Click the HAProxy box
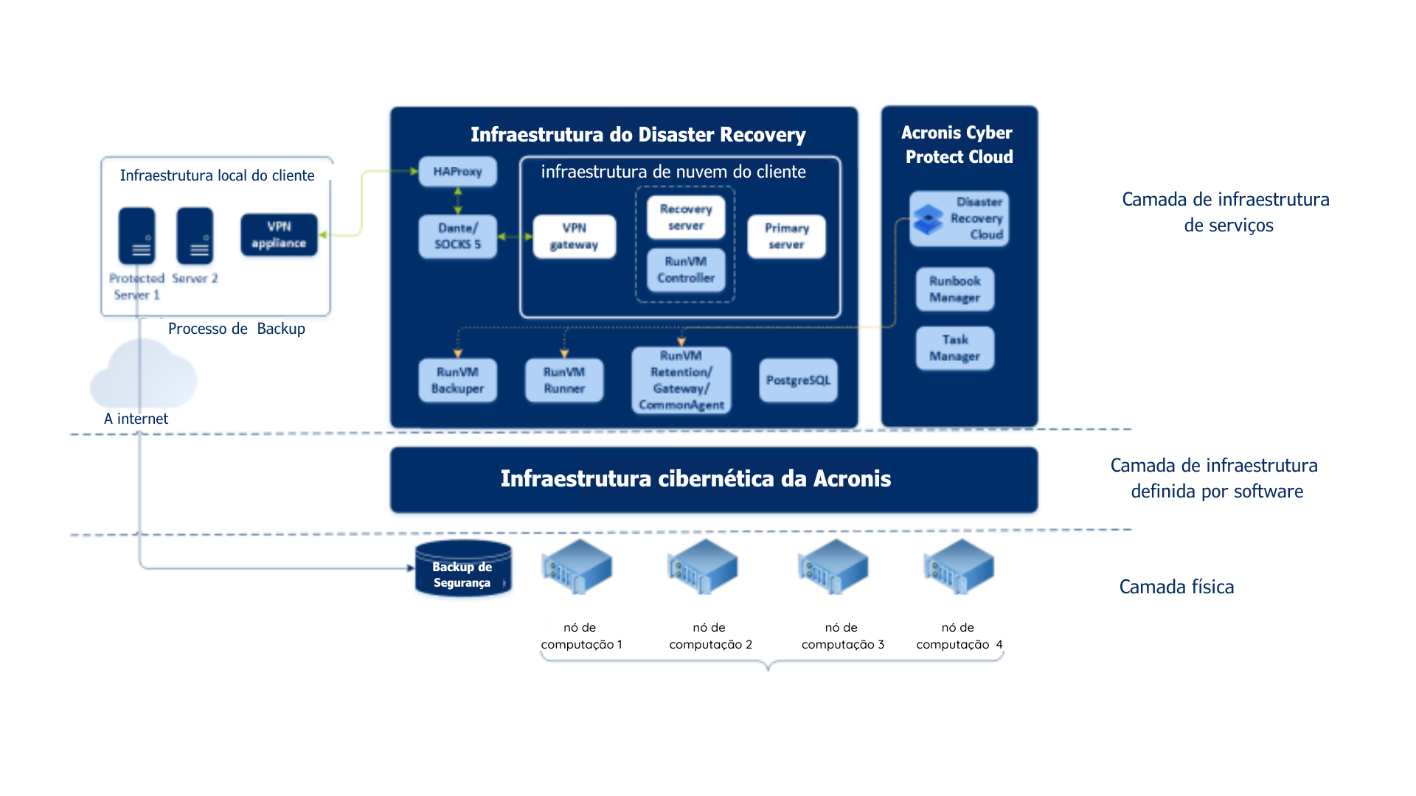pos(457,172)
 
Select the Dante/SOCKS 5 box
pos(457,237)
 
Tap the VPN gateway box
pos(574,237)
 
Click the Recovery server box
pos(686,217)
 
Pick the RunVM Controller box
pos(686,270)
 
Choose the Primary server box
pos(786,237)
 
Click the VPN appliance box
pos(279,235)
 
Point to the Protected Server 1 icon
pos(137,236)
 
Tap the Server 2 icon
pos(195,236)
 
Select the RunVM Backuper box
pos(457,380)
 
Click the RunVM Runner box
pos(564,380)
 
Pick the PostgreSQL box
pos(798,380)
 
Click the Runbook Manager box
pos(955,289)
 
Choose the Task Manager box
pos(955,348)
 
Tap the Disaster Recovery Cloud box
pos(959,219)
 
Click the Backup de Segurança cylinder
pos(463,569)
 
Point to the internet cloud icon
pos(144,376)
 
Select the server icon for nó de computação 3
pos(833,567)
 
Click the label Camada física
pos(1176,587)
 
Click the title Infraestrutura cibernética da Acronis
pos(695,479)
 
